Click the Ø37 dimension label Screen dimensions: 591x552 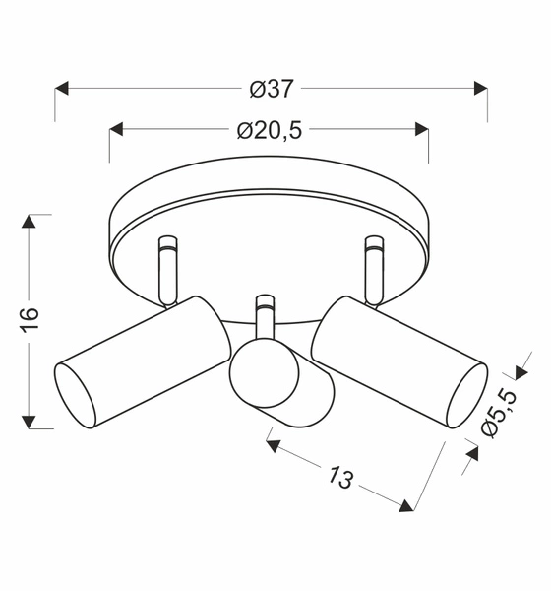tap(271, 89)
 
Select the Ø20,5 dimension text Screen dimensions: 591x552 tap(269, 130)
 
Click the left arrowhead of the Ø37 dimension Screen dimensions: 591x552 tap(62, 89)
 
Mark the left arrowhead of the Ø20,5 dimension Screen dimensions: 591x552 tap(116, 130)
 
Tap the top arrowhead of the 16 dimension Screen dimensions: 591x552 tap(31, 221)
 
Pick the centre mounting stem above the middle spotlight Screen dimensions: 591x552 tap(264, 315)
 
